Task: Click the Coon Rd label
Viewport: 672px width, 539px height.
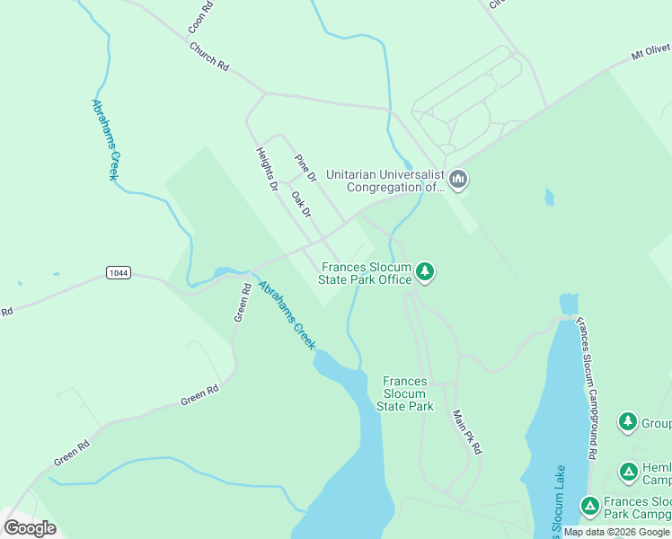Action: tap(201, 18)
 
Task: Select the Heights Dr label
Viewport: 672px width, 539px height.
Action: tap(267, 170)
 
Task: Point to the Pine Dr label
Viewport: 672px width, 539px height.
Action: tap(306, 168)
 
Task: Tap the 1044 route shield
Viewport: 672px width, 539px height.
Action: tap(118, 272)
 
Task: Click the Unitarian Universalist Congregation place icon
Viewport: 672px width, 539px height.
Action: tap(458, 181)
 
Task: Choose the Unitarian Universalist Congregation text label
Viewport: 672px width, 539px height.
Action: tap(385, 181)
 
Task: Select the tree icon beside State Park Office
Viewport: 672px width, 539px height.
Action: tap(425, 271)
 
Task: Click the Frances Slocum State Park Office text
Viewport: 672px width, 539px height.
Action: tap(365, 273)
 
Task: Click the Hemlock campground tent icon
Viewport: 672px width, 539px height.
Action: tap(629, 471)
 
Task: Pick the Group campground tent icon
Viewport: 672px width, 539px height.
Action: tap(628, 421)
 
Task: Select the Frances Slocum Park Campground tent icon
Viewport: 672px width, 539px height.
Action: tap(589, 507)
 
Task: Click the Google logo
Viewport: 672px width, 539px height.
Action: tap(31, 528)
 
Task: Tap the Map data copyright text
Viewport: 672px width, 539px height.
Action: tap(616, 532)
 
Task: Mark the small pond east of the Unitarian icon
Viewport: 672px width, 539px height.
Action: tap(549, 197)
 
